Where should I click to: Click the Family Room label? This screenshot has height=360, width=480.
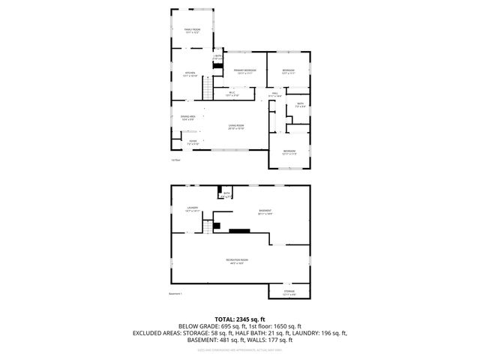(x=192, y=31)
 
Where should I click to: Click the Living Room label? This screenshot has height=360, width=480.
(x=236, y=127)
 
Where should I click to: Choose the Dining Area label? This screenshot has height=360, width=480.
(x=187, y=118)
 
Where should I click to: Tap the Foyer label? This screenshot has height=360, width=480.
(x=192, y=140)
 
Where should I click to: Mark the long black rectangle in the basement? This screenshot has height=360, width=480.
(x=241, y=232)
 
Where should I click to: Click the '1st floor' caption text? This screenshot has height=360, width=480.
(x=175, y=160)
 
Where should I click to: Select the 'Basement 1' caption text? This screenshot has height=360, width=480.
(x=176, y=294)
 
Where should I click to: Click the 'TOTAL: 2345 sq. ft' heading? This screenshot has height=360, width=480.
(x=240, y=319)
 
